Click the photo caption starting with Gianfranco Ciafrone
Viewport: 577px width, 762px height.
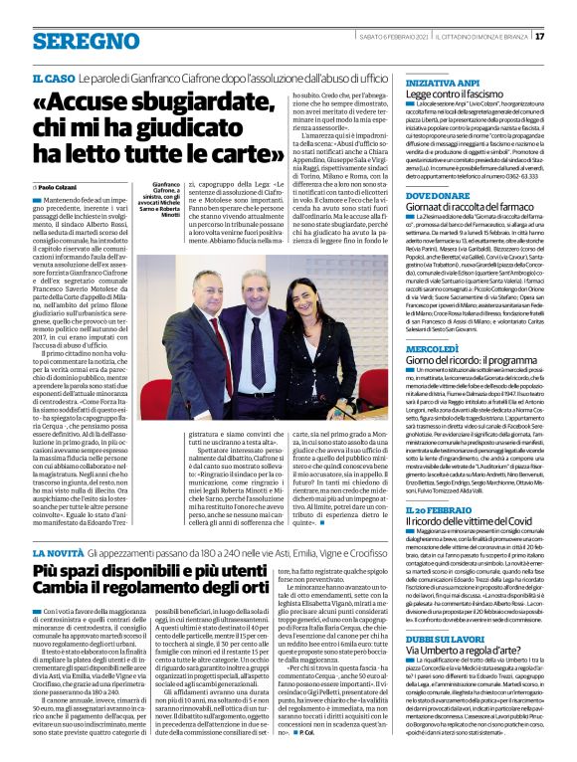[168, 200]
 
